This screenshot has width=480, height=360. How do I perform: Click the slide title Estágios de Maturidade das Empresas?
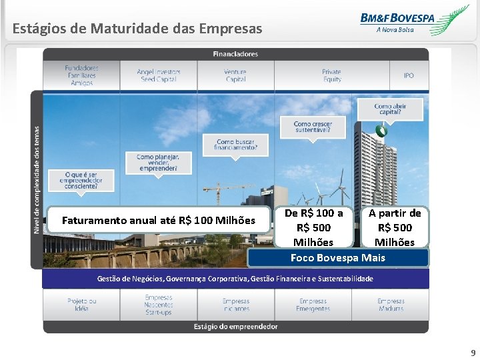pos(137,29)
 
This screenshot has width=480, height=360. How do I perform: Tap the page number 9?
pos(473,353)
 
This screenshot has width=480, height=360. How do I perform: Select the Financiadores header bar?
pos(235,54)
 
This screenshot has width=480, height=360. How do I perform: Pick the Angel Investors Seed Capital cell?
pos(158,75)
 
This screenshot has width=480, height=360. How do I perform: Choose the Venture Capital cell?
pos(235,75)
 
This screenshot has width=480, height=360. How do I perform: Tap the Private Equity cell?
pos(331,75)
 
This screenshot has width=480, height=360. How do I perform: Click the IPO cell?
pos(408,75)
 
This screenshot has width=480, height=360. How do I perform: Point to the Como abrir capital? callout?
pos(390,109)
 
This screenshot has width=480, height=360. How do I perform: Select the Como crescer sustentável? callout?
pos(313,127)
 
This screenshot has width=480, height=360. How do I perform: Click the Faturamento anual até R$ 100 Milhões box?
pos(159,220)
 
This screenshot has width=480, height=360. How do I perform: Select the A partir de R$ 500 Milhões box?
pos(395,227)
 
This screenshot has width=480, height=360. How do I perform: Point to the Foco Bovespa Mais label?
pos(337,257)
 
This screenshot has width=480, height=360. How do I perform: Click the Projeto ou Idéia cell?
pos(81,305)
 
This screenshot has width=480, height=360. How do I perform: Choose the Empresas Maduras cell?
pos(391,305)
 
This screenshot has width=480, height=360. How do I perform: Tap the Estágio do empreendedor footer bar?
pos(235,327)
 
